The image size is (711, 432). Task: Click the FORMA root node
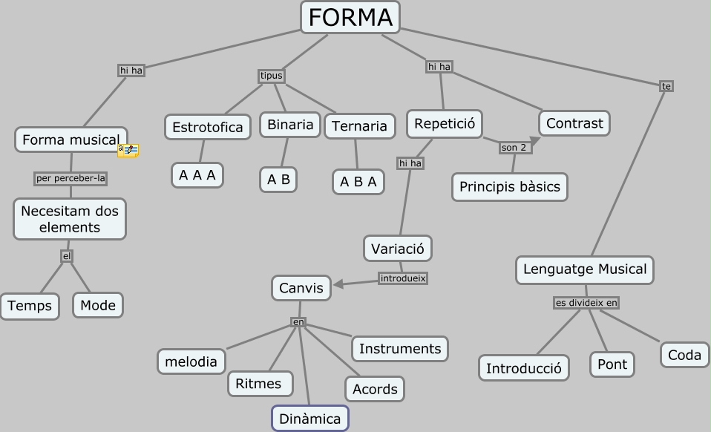pos(350,17)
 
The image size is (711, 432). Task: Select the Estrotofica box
pos(207,127)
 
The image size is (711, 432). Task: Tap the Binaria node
pos(289,125)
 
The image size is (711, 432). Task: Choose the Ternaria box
pos(359,126)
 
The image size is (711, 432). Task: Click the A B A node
pos(358,181)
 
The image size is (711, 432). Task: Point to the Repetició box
pos(444,123)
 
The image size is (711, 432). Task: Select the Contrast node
pos(574,123)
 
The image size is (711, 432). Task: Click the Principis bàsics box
pos(509,186)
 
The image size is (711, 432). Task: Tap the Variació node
pos(397,249)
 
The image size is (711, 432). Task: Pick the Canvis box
pos(301,288)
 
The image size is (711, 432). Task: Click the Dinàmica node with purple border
pos(309,419)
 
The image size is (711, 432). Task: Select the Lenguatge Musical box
pos(584,269)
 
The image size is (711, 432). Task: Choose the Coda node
pos(684,355)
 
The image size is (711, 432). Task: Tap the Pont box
pos(612,364)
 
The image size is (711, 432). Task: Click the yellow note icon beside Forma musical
pos(128,151)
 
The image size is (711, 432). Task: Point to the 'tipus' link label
pos(272,76)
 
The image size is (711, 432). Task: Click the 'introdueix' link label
pos(403,278)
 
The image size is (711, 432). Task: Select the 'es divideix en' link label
pos(586,303)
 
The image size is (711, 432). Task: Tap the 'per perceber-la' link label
pos(71,178)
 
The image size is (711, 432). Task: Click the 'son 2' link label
pos(513,148)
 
